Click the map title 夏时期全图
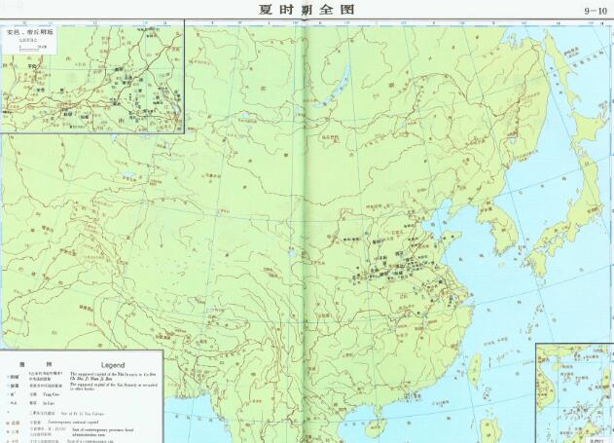[x=307, y=10]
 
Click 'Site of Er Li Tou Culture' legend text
[x=93, y=414]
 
